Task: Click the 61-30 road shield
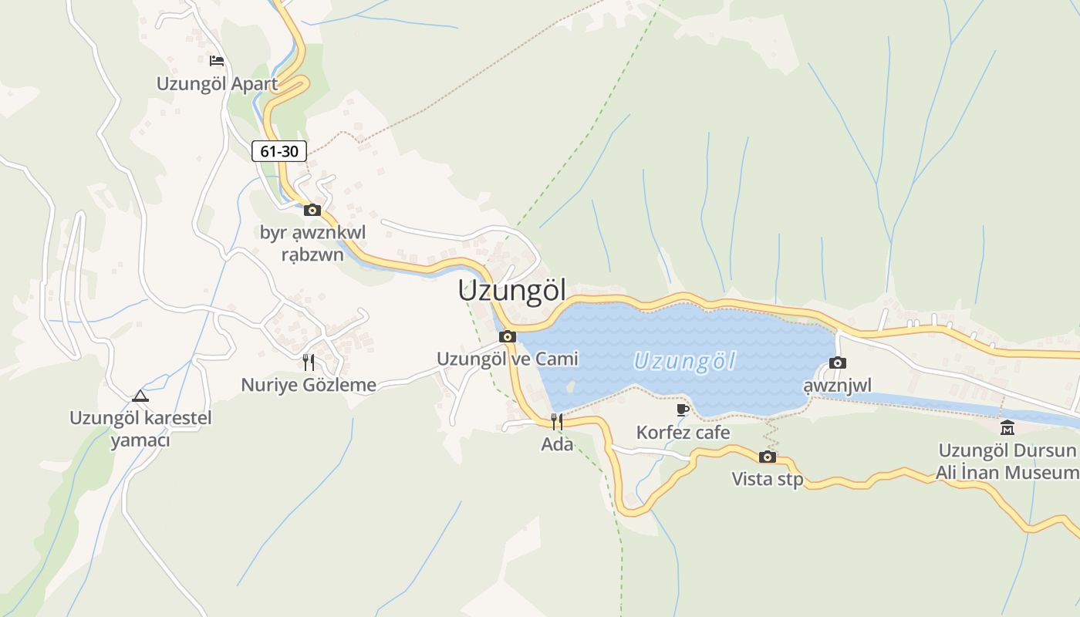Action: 279,151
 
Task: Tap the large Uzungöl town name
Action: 511,291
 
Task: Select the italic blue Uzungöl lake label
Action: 684,361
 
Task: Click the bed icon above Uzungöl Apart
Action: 217,61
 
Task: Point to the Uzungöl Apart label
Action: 217,83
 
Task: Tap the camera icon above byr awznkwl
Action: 312,210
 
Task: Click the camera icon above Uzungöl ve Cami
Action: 508,336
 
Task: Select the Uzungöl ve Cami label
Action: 508,359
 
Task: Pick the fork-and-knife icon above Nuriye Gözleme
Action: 309,362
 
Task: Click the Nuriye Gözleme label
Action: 309,385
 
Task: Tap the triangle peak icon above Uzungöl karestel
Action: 140,396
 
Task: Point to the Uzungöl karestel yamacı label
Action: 140,429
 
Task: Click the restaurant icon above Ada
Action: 557,421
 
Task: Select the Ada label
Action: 557,444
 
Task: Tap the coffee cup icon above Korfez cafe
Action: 683,410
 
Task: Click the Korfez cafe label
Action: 683,433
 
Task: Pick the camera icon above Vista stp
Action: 767,457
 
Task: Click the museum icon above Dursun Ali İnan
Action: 1007,428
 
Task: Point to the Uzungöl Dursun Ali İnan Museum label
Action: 1007,461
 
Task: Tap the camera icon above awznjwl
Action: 838,362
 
